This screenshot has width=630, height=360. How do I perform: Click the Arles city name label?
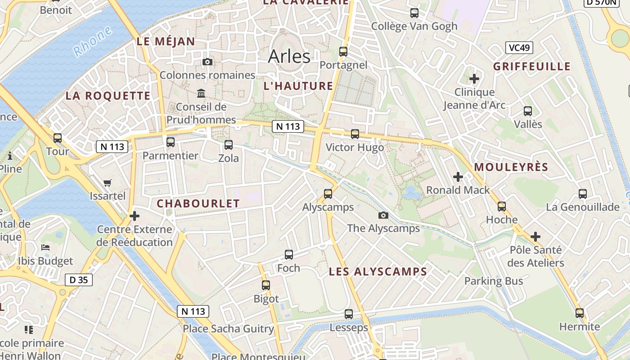pos(289,57)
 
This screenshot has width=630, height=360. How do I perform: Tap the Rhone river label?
pos(93,41)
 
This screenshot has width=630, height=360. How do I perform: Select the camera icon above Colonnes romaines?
pos(207,62)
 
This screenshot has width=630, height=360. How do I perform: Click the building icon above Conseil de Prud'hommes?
pos(201,94)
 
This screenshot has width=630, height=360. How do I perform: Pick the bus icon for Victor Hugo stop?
pos(355,134)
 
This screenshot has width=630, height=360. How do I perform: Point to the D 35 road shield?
pos(79,280)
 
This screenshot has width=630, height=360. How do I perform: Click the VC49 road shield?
pos(519,48)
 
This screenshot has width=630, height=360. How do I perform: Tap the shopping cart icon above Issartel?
pos(107,183)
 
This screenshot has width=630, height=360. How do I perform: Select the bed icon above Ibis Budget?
pos(45,247)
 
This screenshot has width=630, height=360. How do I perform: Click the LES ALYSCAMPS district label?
pos(378,272)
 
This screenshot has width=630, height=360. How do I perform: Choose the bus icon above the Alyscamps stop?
pos(328,194)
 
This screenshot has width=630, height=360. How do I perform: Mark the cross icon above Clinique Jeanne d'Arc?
pos(474,79)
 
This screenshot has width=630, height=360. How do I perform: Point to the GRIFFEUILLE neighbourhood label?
pos(532,67)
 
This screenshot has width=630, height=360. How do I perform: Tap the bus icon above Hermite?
pos(580,313)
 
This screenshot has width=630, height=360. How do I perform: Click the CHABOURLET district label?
pos(198,203)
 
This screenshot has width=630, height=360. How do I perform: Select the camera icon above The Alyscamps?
pos(383,215)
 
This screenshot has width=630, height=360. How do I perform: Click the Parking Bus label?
pos(494,281)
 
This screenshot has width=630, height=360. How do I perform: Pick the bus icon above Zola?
pos(229,145)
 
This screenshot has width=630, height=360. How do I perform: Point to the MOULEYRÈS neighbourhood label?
pos(511,167)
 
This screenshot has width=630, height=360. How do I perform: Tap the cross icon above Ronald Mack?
pos(458,177)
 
